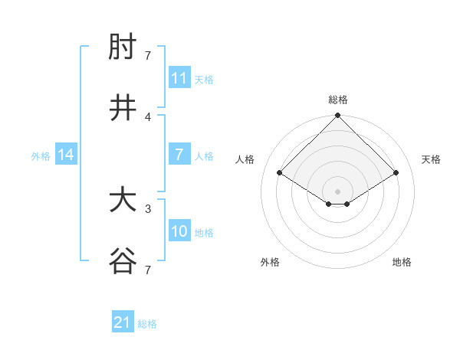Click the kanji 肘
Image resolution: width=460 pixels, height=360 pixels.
[x=123, y=48]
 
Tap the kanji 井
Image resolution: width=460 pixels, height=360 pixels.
[x=123, y=109]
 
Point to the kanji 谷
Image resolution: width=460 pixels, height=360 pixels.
[x=123, y=262]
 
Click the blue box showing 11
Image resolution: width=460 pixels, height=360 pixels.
[x=179, y=78]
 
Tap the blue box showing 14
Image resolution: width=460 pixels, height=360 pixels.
[x=66, y=155]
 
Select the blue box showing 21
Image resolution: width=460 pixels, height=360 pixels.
[x=123, y=322]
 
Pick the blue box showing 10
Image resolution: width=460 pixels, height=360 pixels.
[x=179, y=231]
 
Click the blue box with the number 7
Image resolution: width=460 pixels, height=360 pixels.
[x=179, y=155]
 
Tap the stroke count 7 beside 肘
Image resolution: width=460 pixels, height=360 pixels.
[x=148, y=55]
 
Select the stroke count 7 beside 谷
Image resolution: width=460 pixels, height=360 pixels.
[x=148, y=270]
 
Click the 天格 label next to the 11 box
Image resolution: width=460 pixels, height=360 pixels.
[x=204, y=79]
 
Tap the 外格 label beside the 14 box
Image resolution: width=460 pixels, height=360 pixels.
[x=41, y=155]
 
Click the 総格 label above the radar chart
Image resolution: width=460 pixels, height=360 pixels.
[x=338, y=100]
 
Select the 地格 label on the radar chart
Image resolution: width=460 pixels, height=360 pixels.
[x=402, y=262]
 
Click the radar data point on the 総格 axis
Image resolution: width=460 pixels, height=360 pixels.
[x=338, y=116]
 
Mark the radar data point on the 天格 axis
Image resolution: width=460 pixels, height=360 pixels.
[x=396, y=173]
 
